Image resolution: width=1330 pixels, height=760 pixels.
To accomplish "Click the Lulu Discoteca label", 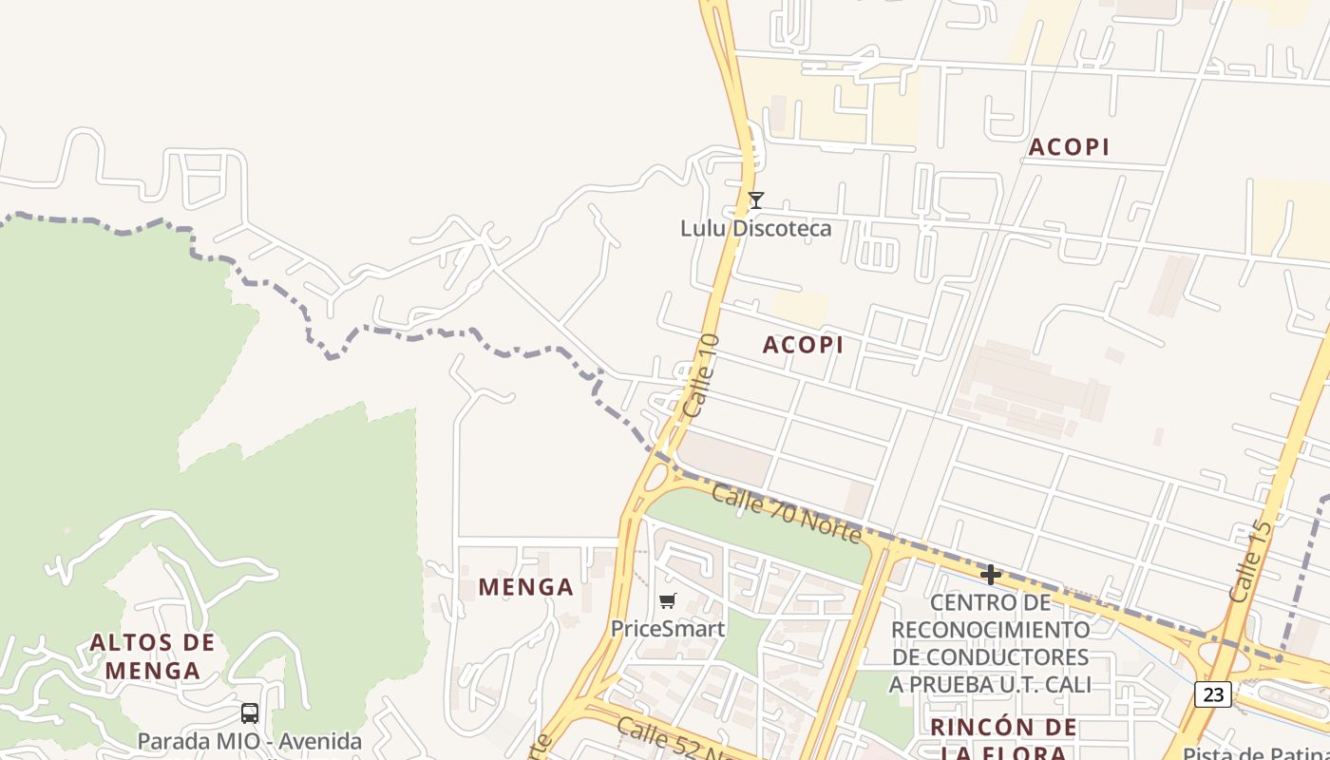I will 755,228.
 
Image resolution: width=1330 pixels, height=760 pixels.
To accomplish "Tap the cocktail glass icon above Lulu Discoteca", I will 755,200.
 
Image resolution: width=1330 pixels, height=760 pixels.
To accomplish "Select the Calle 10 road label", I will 701,376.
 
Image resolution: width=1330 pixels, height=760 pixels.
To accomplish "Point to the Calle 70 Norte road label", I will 786,514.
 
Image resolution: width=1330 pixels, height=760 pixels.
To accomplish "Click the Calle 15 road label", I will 1249,561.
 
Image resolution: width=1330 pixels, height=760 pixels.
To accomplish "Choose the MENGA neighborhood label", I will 525,587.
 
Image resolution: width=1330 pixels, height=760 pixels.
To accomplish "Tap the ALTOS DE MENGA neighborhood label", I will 152,656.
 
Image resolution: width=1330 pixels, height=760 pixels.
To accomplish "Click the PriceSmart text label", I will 667,629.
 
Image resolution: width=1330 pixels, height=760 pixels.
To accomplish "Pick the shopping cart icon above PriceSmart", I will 667,600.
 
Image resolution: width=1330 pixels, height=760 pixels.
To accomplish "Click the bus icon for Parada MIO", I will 250,712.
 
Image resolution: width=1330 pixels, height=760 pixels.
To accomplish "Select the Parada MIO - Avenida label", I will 249,741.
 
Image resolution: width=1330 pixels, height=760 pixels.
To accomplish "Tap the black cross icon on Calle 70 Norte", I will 990,574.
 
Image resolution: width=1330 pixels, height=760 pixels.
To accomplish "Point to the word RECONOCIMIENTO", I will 990,629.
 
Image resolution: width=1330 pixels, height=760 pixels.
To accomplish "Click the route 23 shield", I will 1213,694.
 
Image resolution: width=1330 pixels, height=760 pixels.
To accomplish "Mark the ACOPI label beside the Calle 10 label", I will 803,345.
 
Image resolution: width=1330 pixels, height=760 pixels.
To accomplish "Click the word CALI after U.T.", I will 1065,684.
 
